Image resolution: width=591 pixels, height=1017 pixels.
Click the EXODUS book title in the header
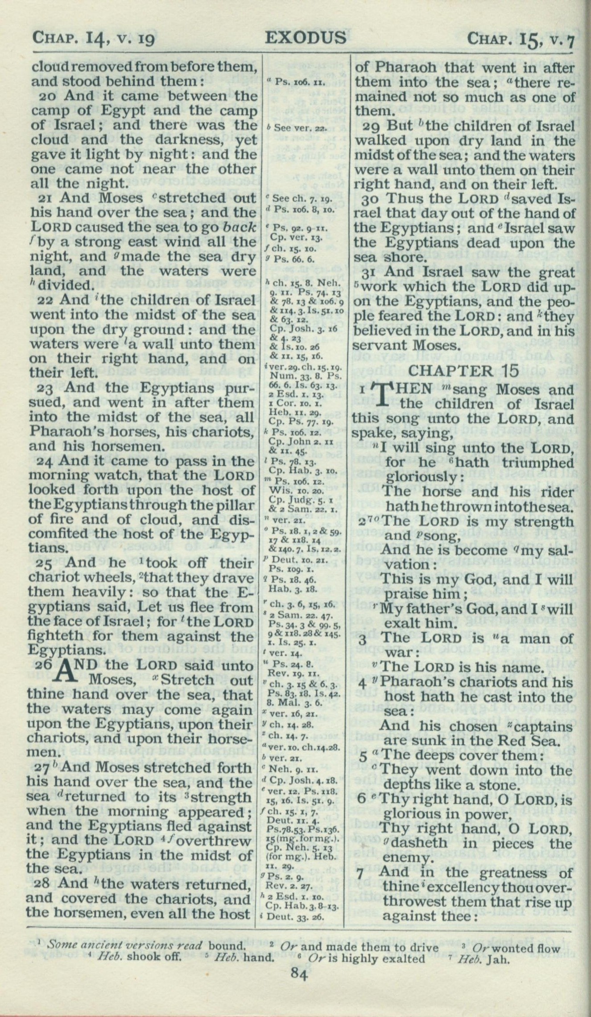tap(306, 37)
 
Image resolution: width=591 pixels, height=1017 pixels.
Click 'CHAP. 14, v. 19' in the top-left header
tap(94, 38)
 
